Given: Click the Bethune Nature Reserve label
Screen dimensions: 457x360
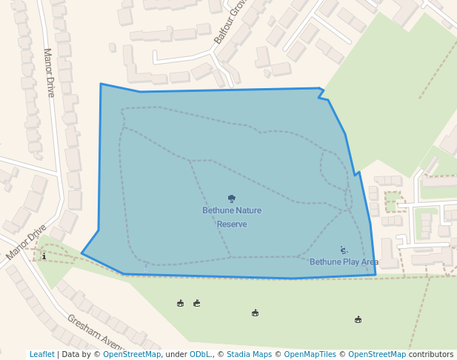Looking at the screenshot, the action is tap(232, 216).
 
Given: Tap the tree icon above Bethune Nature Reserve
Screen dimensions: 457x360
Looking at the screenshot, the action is tap(232, 199).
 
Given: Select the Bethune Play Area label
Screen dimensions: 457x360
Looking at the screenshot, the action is tap(344, 261).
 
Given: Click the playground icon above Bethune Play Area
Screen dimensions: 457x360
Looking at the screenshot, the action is tap(344, 250).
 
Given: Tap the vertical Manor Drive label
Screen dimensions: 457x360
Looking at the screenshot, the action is tap(50, 73).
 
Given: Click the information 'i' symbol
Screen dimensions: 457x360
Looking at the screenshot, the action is tap(44, 256).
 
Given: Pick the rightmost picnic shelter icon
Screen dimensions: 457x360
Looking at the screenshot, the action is tap(358, 320).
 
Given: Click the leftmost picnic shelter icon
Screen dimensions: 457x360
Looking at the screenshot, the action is tap(180, 303).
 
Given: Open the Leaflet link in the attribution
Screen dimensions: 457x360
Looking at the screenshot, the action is tap(42, 354).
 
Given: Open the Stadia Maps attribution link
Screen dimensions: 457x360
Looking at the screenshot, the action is tap(249, 354).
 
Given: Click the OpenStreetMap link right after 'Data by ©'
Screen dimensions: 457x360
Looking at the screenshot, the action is tap(131, 354).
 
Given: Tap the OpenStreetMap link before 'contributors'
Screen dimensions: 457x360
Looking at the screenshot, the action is tap(376, 354).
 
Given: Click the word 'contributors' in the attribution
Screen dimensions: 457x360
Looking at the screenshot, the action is tap(430, 354).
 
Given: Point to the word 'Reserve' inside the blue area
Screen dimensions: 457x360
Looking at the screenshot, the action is tap(232, 224).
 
